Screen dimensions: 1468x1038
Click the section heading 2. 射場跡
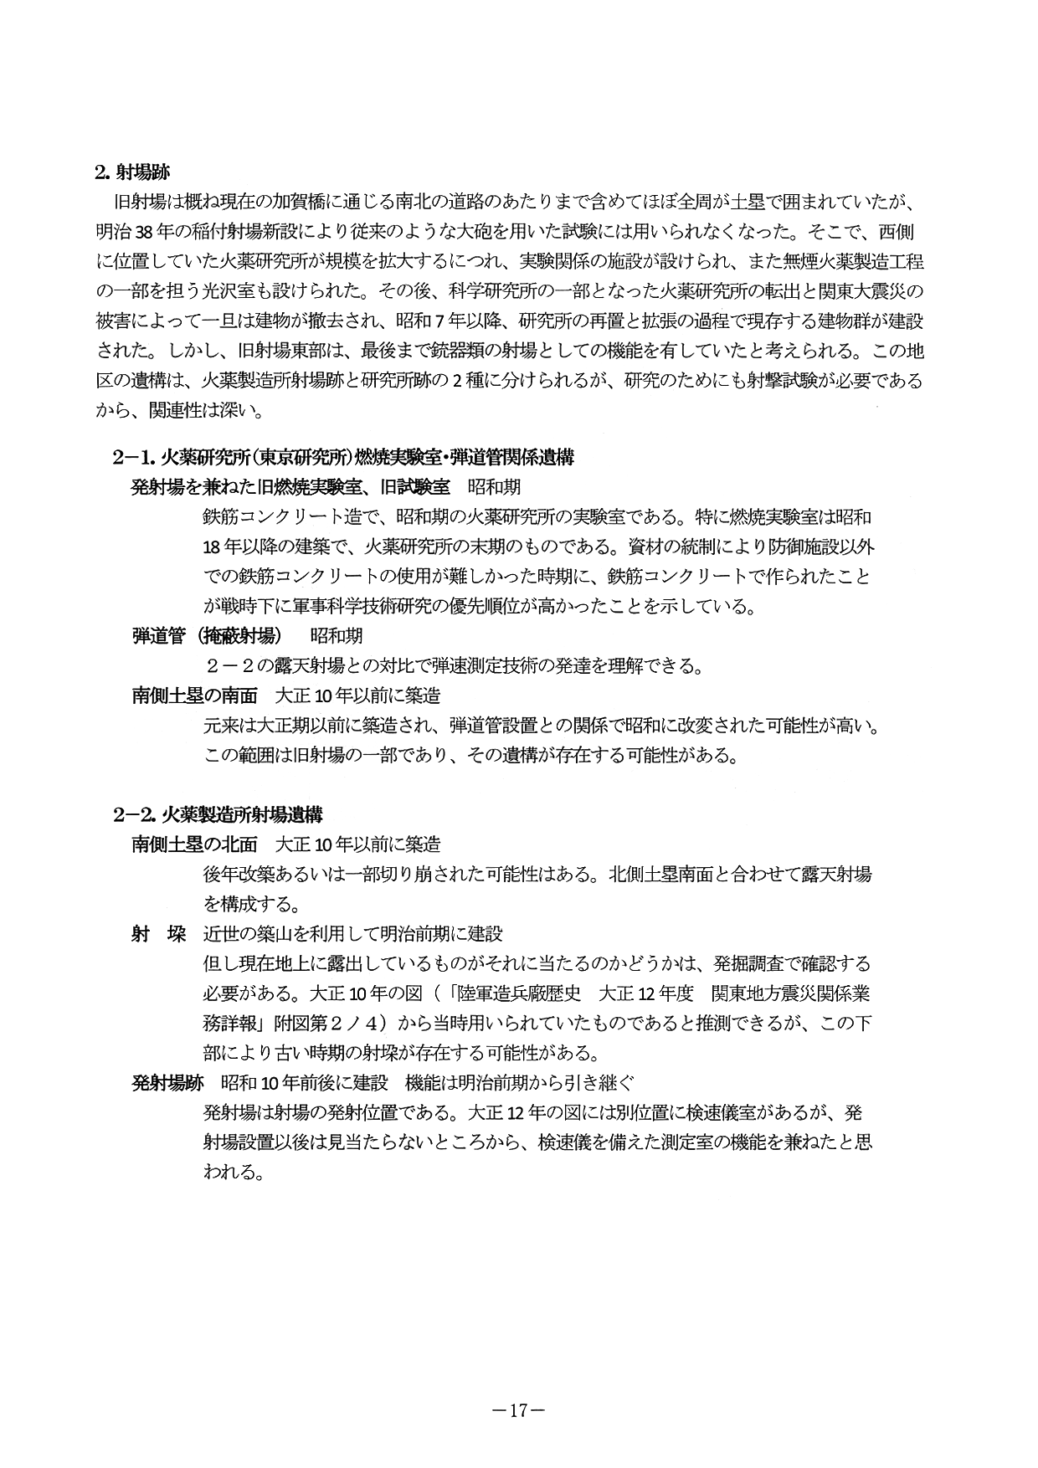132,173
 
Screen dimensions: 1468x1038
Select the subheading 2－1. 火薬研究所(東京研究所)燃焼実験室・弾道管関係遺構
343,457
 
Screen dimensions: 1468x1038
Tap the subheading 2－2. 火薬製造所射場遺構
218,814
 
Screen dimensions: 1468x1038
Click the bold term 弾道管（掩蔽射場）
206,636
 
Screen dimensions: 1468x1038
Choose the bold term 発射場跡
167,1082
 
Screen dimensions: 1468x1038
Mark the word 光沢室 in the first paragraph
235,291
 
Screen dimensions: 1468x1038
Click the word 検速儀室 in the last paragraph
723,1112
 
